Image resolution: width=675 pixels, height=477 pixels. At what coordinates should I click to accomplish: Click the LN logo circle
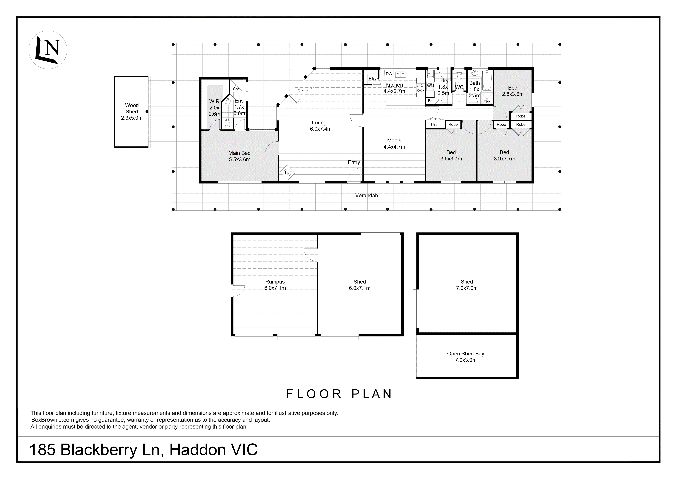[48, 50]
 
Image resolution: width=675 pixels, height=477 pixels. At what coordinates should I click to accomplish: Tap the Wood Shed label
[132, 111]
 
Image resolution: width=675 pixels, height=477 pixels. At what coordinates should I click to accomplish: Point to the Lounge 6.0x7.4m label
[320, 126]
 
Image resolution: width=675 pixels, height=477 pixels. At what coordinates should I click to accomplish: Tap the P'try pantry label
[373, 78]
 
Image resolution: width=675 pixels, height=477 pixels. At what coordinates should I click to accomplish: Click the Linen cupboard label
[436, 125]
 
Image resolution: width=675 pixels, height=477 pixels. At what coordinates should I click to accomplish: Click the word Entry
[354, 162]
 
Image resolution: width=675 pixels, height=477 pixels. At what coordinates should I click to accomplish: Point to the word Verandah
[366, 195]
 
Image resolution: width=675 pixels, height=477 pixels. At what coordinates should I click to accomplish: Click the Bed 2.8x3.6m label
[512, 91]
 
